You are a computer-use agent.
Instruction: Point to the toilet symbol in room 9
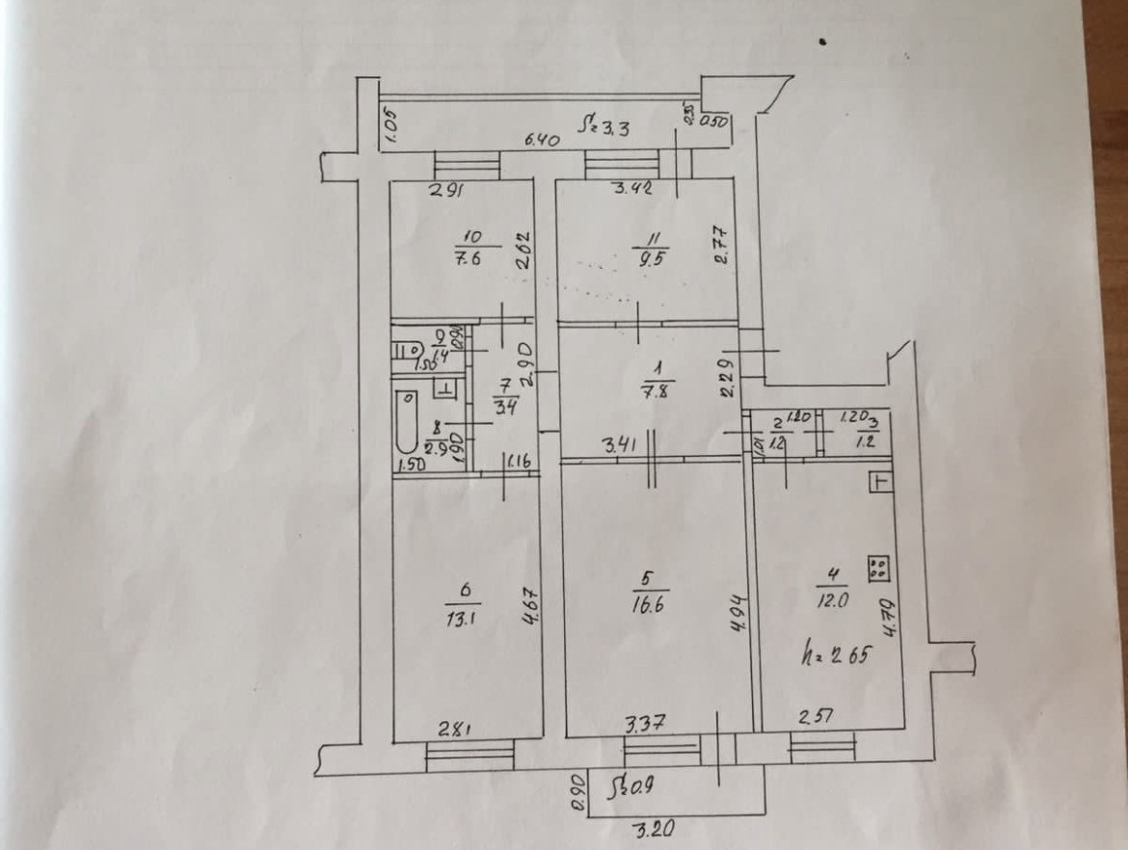click(x=407, y=352)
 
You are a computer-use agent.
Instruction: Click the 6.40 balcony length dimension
click(x=542, y=141)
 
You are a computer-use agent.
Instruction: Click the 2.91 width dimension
click(x=446, y=190)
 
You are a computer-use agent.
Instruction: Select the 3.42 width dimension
click(x=633, y=189)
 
